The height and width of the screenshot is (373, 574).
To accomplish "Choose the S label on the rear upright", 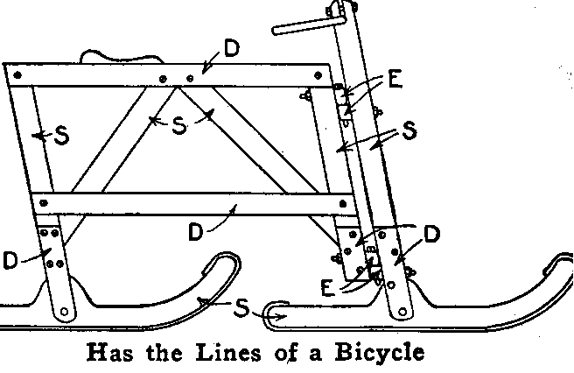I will click(x=62, y=136).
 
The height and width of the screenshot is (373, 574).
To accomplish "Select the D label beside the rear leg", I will click(x=10, y=260).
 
